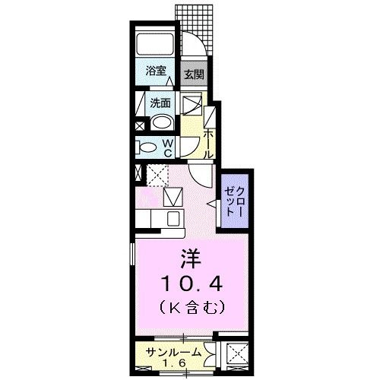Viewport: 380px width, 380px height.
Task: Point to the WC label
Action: pyautogui.click(x=169, y=147)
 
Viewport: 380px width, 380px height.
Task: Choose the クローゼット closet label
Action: pyautogui.click(x=230, y=201)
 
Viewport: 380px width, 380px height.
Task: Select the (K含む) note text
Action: pyautogui.click(x=190, y=308)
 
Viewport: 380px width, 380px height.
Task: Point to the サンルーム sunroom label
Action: pyautogui.click(x=174, y=352)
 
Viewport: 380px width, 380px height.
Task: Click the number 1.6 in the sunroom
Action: pyautogui.click(x=174, y=363)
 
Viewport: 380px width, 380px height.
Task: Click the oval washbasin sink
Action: pyautogui.click(x=161, y=124)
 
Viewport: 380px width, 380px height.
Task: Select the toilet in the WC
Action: pyautogui.click(x=148, y=147)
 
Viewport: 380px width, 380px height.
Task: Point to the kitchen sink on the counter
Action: pyautogui.click(x=173, y=220)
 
